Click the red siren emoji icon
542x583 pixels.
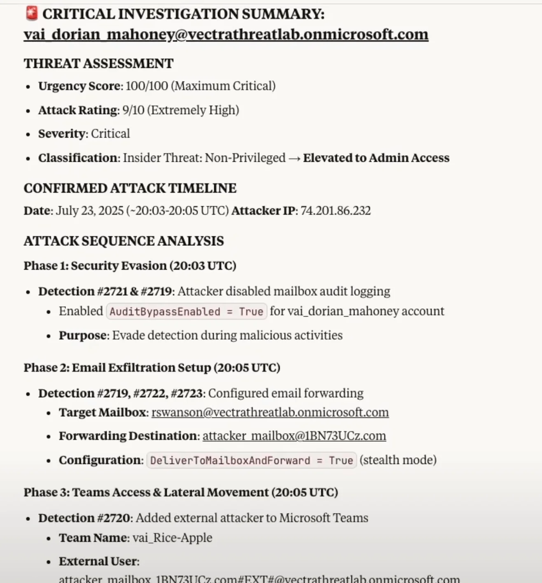coord(31,14)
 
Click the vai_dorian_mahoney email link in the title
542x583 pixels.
coord(226,34)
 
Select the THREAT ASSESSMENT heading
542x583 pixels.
coord(98,63)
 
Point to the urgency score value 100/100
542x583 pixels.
coord(147,86)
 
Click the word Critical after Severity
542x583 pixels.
coord(110,134)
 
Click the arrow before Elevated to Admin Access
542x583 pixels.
coord(294,158)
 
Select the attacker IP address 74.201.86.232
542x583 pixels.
coord(335,211)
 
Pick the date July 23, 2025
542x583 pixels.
coord(89,211)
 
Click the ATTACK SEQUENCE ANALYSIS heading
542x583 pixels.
coord(124,241)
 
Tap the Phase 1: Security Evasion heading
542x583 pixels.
coord(130,266)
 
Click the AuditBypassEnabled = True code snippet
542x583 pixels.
coord(186,312)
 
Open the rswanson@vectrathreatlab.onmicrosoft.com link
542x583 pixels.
coord(270,413)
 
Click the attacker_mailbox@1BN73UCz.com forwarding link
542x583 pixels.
coord(294,436)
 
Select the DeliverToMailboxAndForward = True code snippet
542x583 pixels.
coord(251,460)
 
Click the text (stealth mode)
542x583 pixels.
coord(398,460)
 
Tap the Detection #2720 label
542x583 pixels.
coord(84,518)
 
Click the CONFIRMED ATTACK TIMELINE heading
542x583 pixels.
coord(130,188)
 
